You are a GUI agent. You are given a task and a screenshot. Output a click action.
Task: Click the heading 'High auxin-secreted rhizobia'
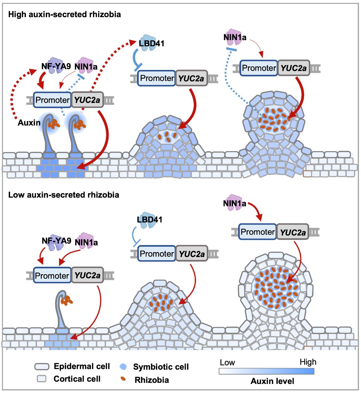[x=64, y=14]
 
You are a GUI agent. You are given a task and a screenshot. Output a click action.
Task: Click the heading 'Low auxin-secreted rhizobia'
[x=64, y=195]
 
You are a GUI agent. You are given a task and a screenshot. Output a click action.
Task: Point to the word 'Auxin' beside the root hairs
[x=29, y=123]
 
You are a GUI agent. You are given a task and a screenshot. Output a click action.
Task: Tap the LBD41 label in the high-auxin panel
[x=152, y=43]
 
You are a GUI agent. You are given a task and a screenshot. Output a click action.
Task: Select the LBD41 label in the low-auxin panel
[x=149, y=219]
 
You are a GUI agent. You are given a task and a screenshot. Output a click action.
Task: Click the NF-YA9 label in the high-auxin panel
[x=56, y=66]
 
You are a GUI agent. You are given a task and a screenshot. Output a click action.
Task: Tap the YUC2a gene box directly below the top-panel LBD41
[x=191, y=78]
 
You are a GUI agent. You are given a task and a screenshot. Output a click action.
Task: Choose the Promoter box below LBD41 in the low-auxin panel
[x=157, y=254]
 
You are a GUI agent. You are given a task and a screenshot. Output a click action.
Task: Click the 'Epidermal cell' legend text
[x=82, y=366]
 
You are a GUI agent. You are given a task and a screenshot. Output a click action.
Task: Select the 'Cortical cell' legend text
[x=77, y=379]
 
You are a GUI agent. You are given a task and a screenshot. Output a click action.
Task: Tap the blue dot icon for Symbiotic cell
[x=123, y=367]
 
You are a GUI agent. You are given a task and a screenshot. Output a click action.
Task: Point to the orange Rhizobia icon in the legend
[x=123, y=379]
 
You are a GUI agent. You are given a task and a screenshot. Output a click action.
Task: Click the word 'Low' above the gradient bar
[x=227, y=363]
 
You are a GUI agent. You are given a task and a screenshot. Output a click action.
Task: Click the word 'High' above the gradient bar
[x=308, y=362]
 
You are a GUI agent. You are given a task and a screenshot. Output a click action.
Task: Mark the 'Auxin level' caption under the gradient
[x=272, y=381]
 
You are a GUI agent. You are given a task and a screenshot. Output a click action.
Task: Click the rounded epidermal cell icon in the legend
[x=42, y=366]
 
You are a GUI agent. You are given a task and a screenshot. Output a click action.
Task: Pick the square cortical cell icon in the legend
[x=42, y=378]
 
